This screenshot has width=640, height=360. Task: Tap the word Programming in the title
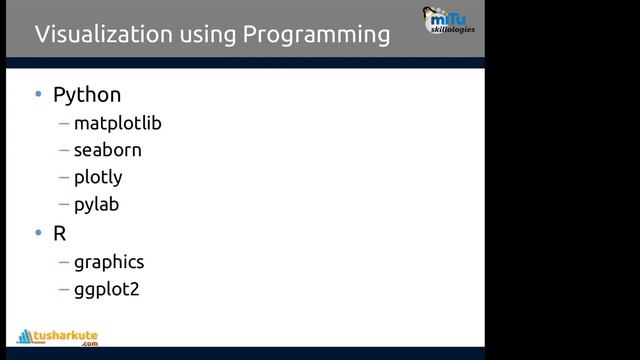[x=316, y=35]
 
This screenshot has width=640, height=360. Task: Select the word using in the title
[x=208, y=36]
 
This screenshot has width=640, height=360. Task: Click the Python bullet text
[x=87, y=96]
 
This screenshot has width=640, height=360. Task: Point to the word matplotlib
[x=117, y=124]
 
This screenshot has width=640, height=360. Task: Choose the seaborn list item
[x=107, y=151]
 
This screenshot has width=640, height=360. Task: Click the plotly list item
[x=98, y=178]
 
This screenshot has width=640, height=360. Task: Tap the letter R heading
[x=60, y=233]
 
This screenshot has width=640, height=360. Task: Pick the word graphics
[x=108, y=263]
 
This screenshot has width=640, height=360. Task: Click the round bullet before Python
[x=38, y=96]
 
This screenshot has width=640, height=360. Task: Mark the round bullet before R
[x=38, y=234]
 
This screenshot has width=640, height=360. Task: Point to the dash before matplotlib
[x=64, y=125]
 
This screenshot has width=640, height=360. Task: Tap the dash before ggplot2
[x=64, y=291]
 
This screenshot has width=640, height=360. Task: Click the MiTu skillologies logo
[x=449, y=20]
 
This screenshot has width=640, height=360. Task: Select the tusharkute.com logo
[x=57, y=338]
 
